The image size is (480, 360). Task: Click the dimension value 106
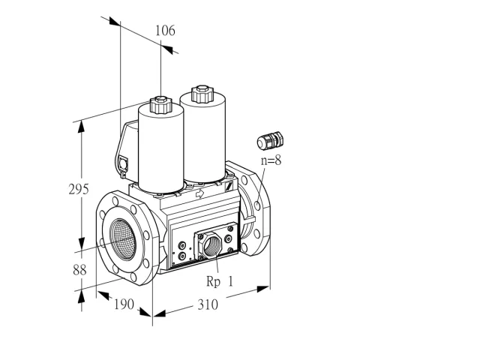coord(165,31)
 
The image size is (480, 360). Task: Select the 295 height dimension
coord(79,189)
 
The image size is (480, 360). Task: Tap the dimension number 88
coord(79,270)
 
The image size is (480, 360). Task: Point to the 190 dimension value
coord(124,304)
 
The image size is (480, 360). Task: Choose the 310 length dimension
coord(208,304)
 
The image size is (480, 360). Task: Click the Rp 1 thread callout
coord(220,282)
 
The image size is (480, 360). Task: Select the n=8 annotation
coord(271,160)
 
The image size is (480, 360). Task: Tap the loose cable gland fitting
coord(270,141)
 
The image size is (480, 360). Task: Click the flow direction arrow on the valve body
coord(199,193)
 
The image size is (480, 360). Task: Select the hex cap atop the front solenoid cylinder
coord(160,104)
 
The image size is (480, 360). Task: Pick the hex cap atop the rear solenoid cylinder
coord(202,94)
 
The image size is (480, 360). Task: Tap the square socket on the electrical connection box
coord(123,163)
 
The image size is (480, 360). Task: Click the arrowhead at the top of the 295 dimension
coord(81,127)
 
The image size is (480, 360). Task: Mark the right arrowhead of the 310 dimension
coord(263,289)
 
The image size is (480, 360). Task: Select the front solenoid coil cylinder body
coord(161,148)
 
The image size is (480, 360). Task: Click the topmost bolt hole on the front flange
coord(115,201)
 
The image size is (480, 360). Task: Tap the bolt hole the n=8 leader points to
coord(257,205)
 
